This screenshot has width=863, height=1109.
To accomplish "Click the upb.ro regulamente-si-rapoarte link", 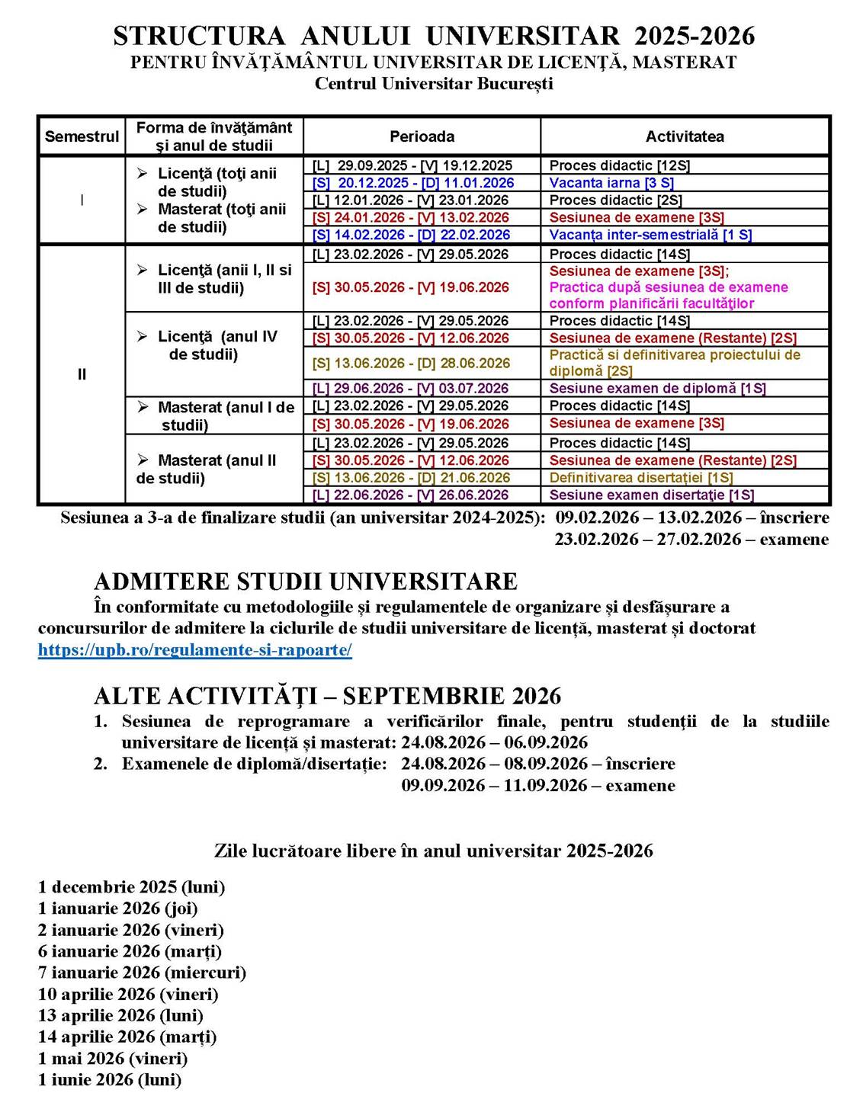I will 194,650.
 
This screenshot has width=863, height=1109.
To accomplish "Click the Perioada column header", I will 422,136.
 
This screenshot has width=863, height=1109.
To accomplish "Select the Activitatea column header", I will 685,136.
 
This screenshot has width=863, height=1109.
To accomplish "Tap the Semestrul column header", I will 82,136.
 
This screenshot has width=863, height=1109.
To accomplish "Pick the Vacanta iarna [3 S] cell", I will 611,183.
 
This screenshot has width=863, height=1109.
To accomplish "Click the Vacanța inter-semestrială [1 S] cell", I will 650,235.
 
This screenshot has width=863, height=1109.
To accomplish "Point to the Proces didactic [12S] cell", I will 619,165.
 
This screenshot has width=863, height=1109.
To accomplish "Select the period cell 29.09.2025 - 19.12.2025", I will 412,165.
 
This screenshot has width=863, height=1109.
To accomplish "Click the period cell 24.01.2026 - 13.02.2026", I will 411,217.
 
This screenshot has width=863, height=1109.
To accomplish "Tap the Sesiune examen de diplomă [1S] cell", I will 657,388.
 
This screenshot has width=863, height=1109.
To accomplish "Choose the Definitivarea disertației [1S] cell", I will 641,478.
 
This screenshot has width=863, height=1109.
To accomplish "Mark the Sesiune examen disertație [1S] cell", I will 652,495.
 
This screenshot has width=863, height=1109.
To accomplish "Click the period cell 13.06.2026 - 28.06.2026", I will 411,364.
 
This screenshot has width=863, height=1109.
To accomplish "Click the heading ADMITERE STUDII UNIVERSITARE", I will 306,582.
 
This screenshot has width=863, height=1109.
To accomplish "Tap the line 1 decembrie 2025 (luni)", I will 131,887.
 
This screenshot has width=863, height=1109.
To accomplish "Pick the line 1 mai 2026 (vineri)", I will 113,1058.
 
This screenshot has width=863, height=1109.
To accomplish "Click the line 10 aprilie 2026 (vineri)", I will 128,994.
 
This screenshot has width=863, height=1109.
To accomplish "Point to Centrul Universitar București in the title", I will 434,83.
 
